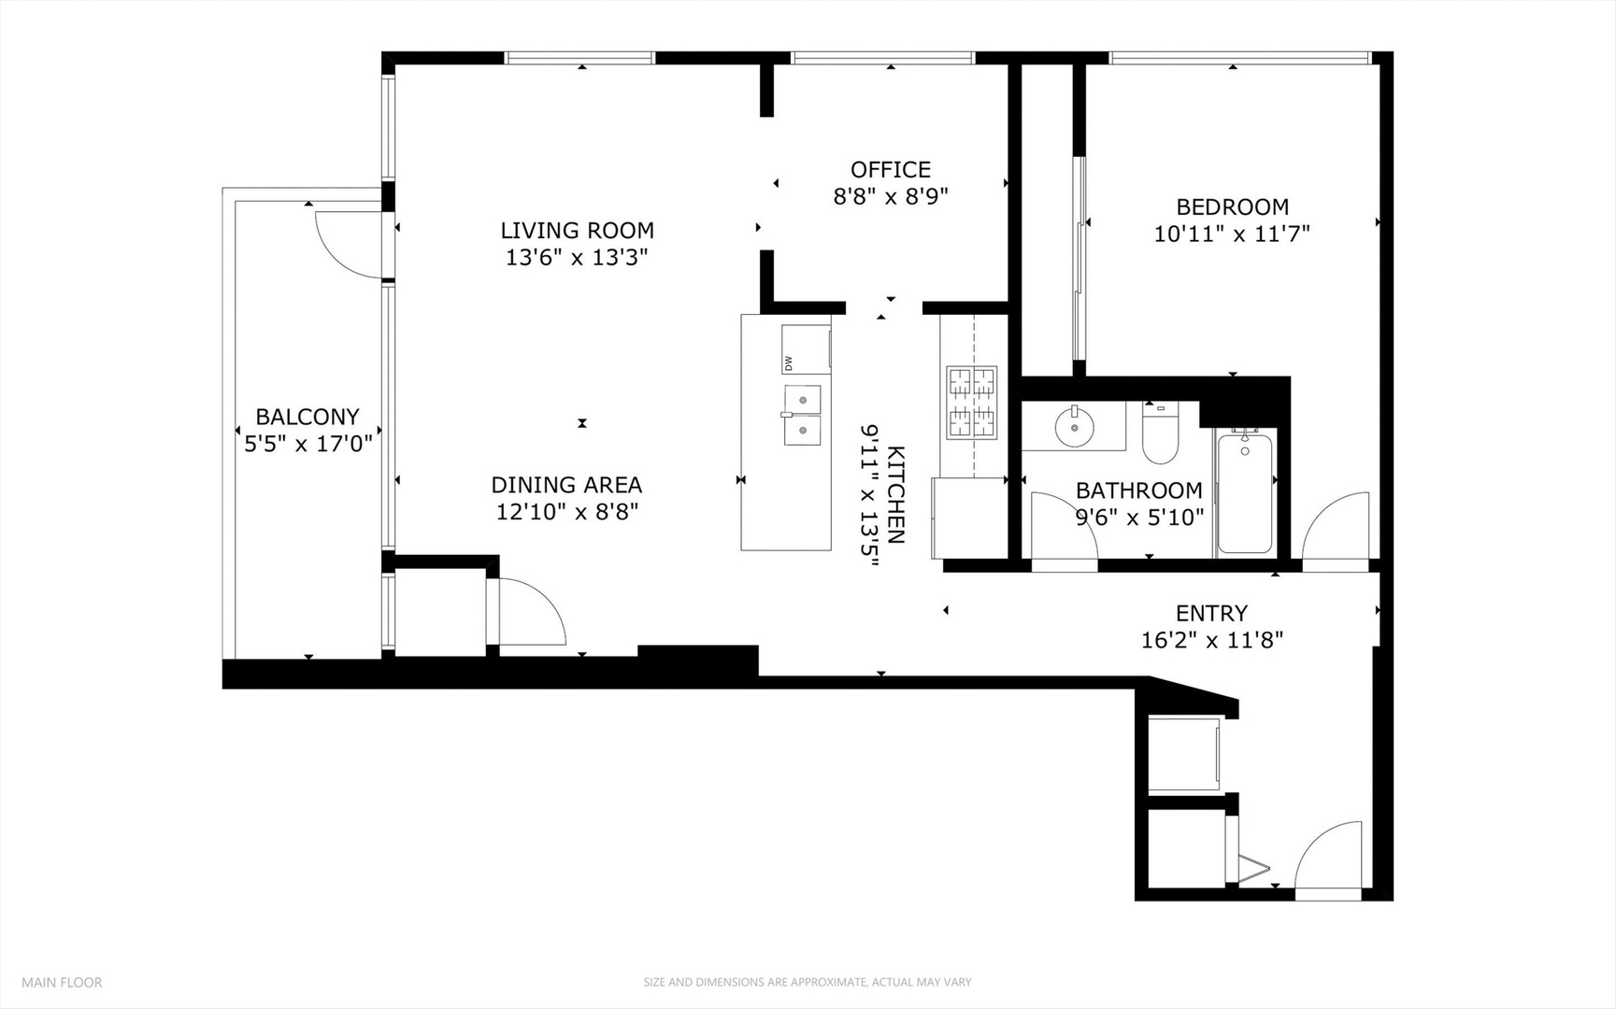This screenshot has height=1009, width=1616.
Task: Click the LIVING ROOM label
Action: [577, 230]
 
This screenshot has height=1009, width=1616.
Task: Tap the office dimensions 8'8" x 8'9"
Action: [890, 196]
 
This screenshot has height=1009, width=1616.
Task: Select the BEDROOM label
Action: [1232, 206]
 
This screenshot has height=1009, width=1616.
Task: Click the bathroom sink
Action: [1074, 429]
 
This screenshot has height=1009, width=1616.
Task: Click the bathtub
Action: [1244, 492]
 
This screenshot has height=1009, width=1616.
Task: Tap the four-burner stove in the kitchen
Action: [972, 403]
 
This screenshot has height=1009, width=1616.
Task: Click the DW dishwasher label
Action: [788, 362]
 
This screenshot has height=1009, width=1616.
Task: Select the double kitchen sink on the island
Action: [802, 415]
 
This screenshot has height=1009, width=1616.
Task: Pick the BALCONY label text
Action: [307, 417]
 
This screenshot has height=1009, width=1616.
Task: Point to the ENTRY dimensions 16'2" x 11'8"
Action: [1211, 640]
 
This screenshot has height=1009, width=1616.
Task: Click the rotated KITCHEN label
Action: [895, 494]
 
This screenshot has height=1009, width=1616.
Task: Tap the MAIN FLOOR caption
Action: [62, 982]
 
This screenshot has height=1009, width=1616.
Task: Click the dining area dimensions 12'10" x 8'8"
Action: [566, 511]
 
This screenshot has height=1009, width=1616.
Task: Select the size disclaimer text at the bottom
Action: [807, 982]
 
